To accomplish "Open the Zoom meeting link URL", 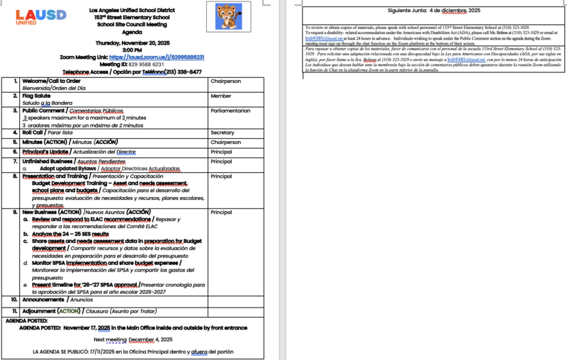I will click(168, 57).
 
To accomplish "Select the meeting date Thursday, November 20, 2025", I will click(132, 43).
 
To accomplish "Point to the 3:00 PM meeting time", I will click(132, 50).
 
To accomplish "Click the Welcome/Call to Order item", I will click(52, 81).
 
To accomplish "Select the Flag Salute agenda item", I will click(37, 96).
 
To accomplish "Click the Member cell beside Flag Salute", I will click(220, 96).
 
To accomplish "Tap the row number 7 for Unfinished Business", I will click(15, 162).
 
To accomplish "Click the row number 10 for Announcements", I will click(14, 300).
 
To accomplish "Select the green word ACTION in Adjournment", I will click(69, 311).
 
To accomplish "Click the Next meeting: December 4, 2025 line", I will click(132, 339).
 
